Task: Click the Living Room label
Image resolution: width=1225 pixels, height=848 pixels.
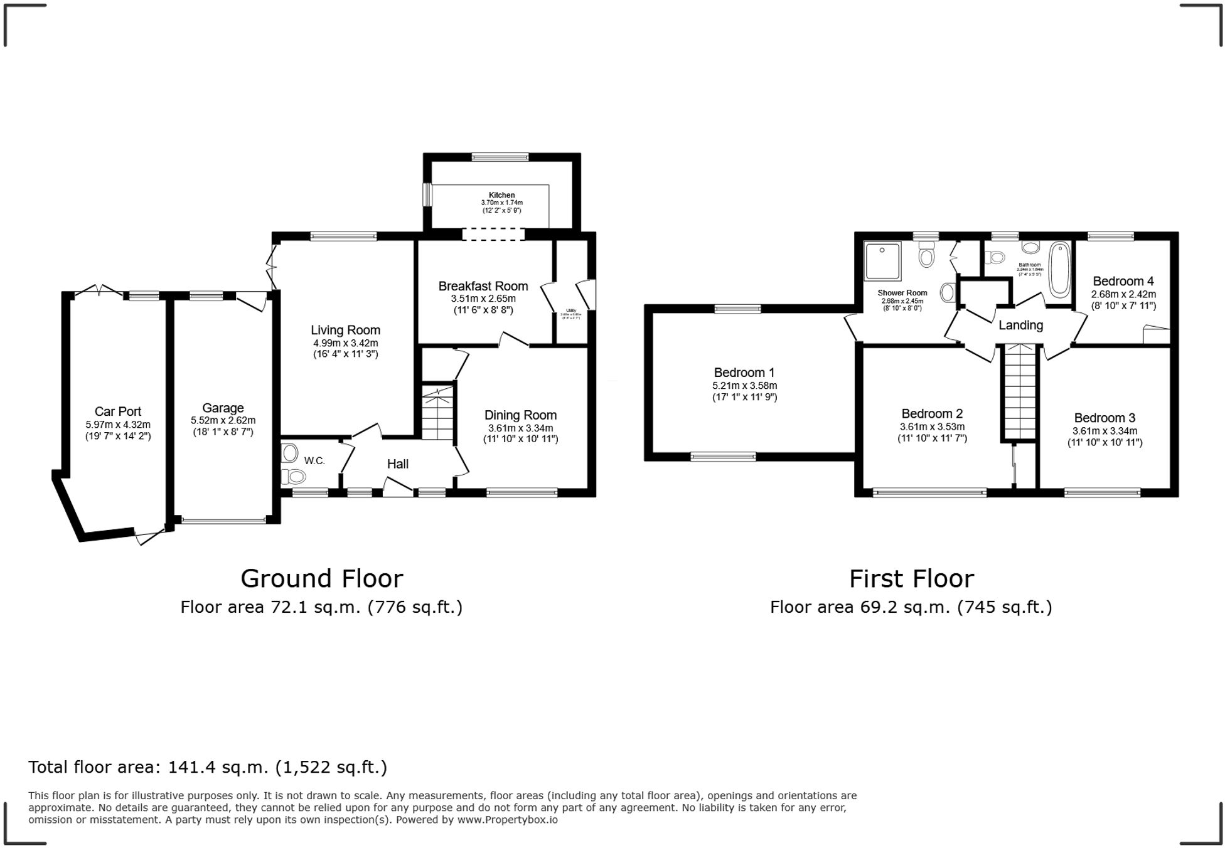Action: [345, 330]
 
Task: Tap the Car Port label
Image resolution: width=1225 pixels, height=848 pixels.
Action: [118, 411]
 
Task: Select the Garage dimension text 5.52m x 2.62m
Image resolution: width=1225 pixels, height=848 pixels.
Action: [223, 420]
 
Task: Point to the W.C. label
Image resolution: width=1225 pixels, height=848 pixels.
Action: [314, 461]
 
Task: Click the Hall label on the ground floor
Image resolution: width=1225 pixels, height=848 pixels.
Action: [397, 464]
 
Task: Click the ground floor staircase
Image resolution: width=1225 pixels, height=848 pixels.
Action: [437, 413]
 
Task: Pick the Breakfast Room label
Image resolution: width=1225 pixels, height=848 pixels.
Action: [483, 286]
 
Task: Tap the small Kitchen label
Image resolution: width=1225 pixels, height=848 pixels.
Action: [501, 195]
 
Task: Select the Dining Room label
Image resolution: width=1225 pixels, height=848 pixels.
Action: [520, 415]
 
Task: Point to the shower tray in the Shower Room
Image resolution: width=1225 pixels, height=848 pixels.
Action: [882, 260]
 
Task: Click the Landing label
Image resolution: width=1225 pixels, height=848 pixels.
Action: [1020, 325]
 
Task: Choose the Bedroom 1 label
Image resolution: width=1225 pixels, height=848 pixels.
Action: [744, 373]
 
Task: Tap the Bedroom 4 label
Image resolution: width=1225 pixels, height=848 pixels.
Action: [1123, 281]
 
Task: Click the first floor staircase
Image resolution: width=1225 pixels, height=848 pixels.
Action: [1020, 392]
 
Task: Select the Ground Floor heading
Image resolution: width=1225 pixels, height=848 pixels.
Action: [321, 578]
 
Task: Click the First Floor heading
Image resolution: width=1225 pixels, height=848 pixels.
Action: [911, 578]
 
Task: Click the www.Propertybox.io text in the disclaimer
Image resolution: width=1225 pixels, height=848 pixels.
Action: [507, 819]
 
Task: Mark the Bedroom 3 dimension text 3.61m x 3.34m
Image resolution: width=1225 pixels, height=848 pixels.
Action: [1105, 431]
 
